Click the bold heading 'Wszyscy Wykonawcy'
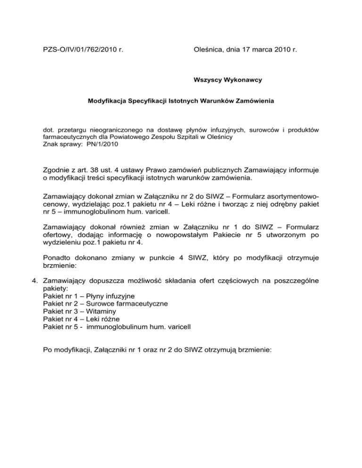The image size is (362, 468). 228,80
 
